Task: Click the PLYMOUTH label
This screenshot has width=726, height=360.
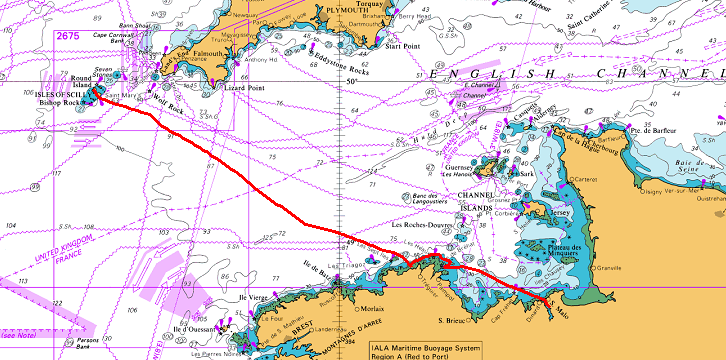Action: [343, 9]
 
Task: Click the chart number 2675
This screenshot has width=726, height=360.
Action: [68, 36]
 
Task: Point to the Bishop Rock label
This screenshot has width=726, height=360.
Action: [59, 102]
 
